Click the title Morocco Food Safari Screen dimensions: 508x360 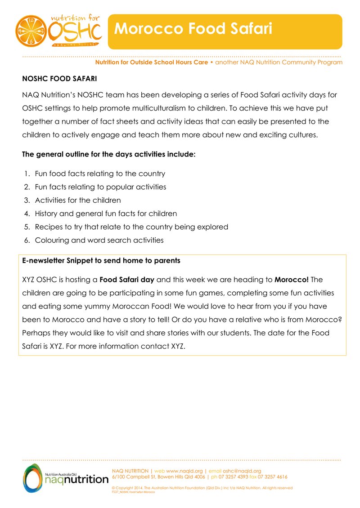193,29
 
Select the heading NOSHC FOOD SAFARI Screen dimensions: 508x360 59,79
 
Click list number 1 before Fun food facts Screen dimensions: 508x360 27,174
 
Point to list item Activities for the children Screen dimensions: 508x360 78,201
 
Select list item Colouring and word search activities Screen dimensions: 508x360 99,240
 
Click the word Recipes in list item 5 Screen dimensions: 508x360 48,227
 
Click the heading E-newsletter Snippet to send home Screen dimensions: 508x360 101,261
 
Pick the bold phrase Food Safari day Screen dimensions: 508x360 127,280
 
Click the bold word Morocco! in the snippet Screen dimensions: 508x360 292,280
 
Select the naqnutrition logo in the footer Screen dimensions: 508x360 65,478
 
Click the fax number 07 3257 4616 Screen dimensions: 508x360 273,477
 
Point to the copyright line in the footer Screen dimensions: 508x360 202,488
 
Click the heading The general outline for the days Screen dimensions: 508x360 109,155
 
